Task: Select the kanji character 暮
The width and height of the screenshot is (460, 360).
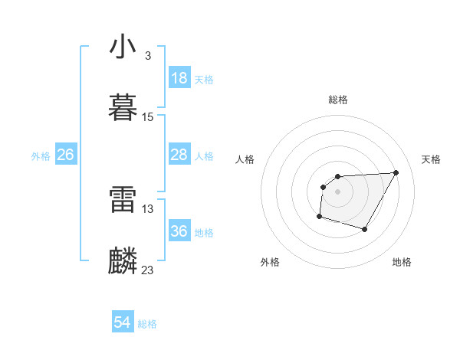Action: click(x=123, y=108)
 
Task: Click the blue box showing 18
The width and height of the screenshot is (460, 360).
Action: click(x=179, y=78)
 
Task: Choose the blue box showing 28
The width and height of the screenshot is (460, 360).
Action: click(x=179, y=155)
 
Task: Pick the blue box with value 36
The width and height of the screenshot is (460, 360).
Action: click(x=179, y=231)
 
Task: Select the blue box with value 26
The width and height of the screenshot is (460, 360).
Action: click(x=65, y=155)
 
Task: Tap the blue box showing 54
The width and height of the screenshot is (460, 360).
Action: click(x=122, y=323)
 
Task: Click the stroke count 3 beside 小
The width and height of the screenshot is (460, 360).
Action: click(x=148, y=56)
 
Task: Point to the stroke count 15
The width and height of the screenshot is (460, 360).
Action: click(x=148, y=117)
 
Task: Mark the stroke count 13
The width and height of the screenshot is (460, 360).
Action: click(x=148, y=208)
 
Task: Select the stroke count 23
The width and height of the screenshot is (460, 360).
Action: click(x=148, y=270)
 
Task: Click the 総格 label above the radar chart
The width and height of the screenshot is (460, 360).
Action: click(x=338, y=100)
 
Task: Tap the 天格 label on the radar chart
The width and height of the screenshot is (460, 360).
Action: click(x=432, y=159)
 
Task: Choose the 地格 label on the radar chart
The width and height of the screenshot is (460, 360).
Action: click(x=402, y=262)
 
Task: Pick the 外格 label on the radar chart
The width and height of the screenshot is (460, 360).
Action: click(x=270, y=262)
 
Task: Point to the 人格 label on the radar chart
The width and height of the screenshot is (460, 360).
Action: click(x=245, y=159)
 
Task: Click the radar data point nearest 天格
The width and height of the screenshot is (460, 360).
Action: click(x=396, y=172)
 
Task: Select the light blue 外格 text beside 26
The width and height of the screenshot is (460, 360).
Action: click(x=41, y=156)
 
